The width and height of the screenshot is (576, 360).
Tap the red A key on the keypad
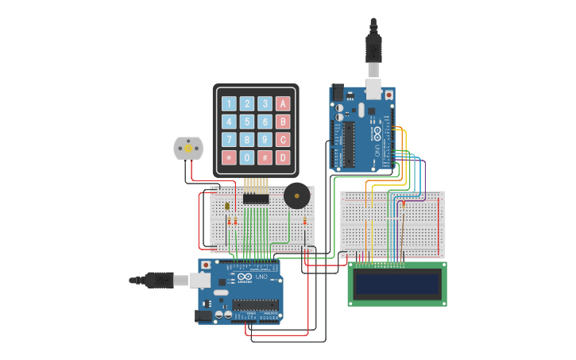(x=283, y=103)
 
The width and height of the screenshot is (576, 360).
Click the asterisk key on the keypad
(x=229, y=157)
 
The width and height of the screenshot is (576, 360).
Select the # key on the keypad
(x=265, y=157)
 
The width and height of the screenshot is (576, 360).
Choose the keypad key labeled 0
(x=247, y=157)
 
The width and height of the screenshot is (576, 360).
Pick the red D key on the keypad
(x=283, y=157)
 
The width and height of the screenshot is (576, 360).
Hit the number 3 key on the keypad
(x=265, y=103)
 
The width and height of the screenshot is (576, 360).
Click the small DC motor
(x=188, y=148)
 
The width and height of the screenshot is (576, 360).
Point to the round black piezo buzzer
(x=297, y=195)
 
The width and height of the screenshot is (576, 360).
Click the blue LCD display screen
(x=397, y=284)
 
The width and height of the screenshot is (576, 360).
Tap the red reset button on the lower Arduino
(x=207, y=265)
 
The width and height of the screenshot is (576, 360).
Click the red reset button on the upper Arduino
(x=389, y=94)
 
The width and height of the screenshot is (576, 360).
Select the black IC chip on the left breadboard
(x=255, y=199)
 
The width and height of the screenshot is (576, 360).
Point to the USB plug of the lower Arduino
(x=159, y=280)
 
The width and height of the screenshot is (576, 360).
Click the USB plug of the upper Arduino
(x=373, y=48)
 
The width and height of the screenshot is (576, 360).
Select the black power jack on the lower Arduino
(x=205, y=315)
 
